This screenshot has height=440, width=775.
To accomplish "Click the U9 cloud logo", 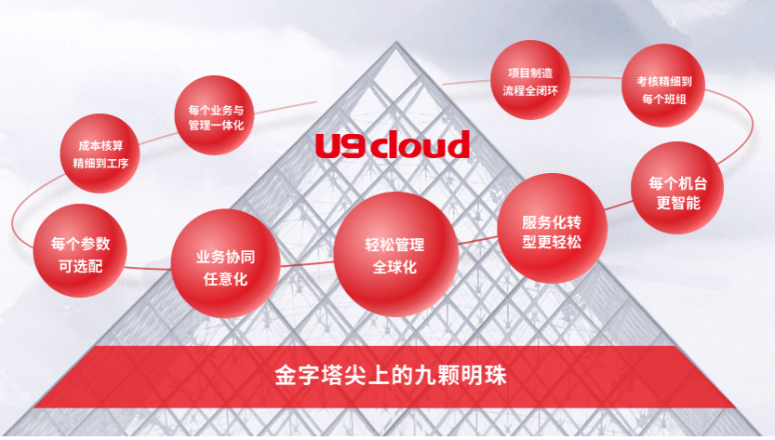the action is [393, 144].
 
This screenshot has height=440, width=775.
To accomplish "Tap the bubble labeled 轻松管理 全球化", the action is [395, 254].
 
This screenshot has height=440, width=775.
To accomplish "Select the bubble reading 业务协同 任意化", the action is [225, 263].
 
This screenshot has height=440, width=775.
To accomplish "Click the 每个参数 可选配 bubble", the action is [80, 250].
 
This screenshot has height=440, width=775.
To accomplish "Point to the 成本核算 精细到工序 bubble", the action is [100, 153].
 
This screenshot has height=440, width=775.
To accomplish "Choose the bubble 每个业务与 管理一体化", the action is [215, 115].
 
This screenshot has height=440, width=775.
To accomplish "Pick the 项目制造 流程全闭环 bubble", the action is [530, 80].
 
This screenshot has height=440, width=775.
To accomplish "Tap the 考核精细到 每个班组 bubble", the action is [663, 86].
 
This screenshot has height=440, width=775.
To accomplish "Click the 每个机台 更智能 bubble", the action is [677, 188].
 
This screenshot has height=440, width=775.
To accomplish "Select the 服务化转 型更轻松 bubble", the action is [552, 229].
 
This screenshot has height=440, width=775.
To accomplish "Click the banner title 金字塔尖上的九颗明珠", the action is [391, 375].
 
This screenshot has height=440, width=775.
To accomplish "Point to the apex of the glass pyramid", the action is [396, 43].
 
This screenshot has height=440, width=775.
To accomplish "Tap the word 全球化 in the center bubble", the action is [394, 268].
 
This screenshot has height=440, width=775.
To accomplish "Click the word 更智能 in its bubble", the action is [677, 203].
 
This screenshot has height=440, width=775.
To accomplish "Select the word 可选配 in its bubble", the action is [81, 266].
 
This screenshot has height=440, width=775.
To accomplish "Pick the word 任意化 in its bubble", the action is [225, 279].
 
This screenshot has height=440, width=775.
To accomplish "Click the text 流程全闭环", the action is [530, 91].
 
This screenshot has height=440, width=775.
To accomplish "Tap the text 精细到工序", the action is [100, 163].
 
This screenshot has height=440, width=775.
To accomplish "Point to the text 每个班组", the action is [663, 100].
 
